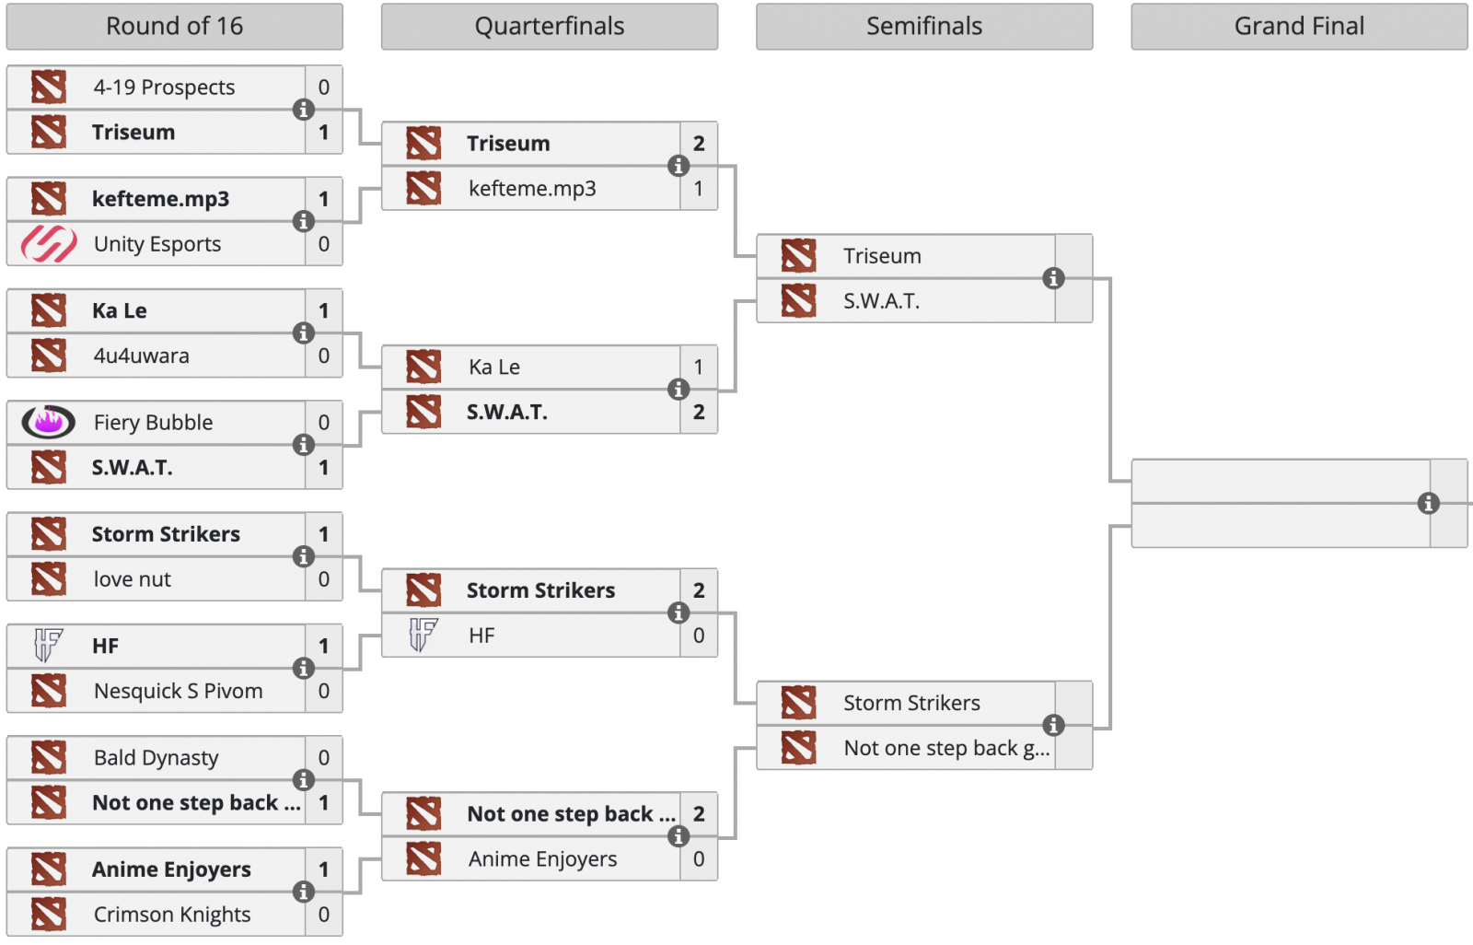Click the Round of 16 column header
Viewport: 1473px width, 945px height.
[x=174, y=27]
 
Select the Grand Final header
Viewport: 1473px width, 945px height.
[x=1299, y=27]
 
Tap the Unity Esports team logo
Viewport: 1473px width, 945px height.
[x=49, y=244]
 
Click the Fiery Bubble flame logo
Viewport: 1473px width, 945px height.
[x=49, y=422]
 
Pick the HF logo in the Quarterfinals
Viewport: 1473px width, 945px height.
[x=423, y=635]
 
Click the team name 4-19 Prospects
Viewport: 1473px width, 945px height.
[x=164, y=87]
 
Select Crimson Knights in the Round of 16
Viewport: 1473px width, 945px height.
[x=172, y=915]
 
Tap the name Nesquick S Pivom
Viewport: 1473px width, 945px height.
[x=178, y=691]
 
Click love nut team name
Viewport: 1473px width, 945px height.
[x=133, y=579]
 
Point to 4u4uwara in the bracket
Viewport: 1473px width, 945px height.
[x=142, y=356]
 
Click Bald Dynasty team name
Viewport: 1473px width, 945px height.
[x=157, y=758]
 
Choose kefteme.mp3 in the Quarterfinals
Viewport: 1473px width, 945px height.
[x=532, y=189]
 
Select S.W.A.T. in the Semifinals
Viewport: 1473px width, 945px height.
[x=882, y=301]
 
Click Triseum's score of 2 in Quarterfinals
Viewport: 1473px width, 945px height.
[x=699, y=144]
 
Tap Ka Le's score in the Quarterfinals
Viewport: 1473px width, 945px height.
[x=699, y=367]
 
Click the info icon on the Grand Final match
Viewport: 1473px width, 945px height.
[x=1428, y=503]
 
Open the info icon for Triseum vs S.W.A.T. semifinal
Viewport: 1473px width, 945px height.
[x=1053, y=278]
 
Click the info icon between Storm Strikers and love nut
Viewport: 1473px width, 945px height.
[x=303, y=556]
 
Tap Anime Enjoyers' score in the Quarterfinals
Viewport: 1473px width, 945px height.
[x=699, y=859]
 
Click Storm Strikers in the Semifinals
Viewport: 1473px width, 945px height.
[x=911, y=704]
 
